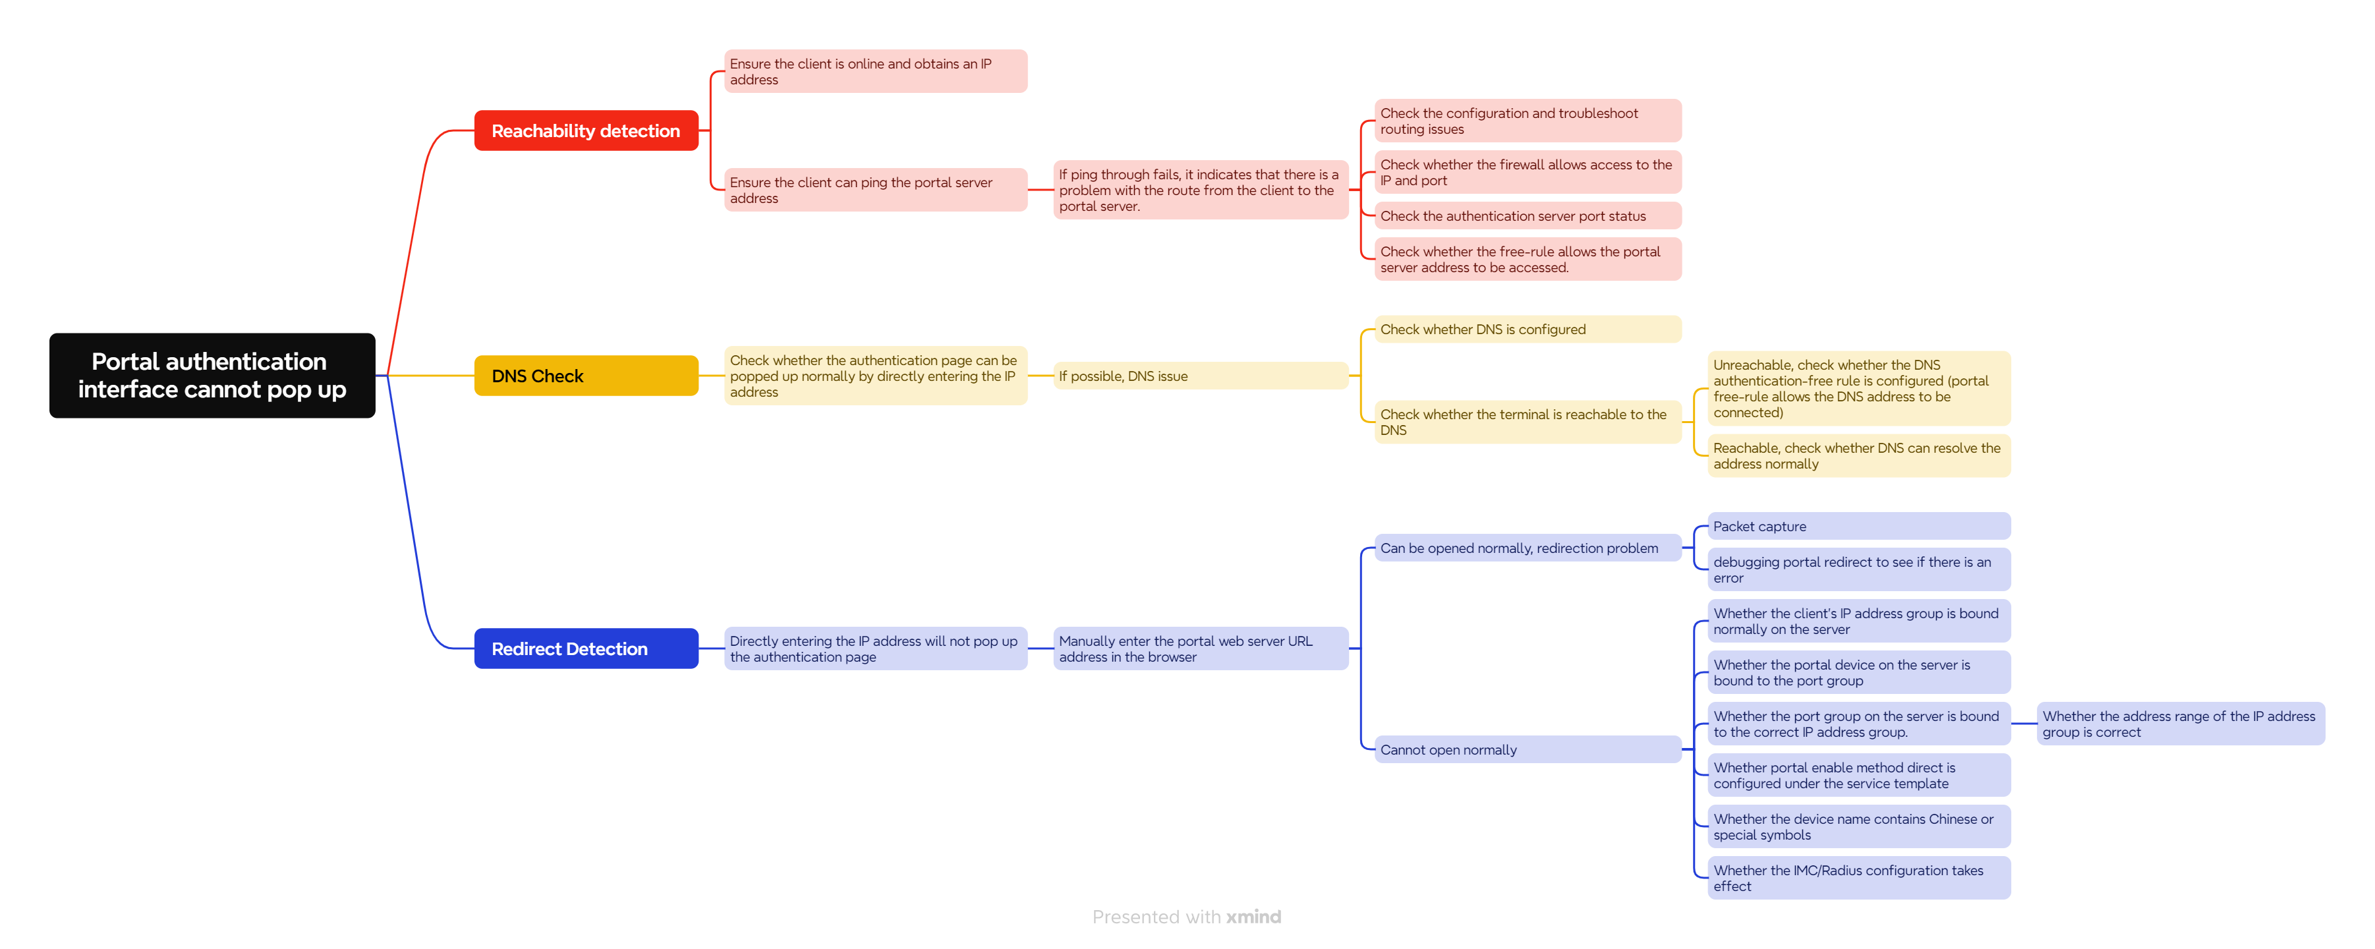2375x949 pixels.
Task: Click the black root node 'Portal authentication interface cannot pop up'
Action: [212, 376]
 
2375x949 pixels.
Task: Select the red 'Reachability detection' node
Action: [587, 131]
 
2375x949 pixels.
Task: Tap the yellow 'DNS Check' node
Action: [587, 376]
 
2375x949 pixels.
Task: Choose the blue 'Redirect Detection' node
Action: [587, 648]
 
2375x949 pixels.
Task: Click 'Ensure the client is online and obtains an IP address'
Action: [876, 71]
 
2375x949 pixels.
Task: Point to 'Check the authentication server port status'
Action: [1528, 216]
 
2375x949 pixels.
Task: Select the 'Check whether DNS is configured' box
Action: [1528, 330]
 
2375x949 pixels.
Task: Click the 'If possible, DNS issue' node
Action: [1201, 376]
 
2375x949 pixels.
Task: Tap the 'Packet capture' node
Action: [1859, 526]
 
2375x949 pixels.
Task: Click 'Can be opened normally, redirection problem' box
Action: [1528, 548]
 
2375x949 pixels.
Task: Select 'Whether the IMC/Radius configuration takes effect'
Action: [1859, 877]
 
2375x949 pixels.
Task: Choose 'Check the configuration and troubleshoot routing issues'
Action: [1528, 121]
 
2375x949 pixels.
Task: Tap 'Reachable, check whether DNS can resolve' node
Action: [1859, 455]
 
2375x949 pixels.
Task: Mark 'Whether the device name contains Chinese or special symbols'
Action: [1859, 826]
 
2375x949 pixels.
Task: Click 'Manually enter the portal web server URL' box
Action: [1201, 648]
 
